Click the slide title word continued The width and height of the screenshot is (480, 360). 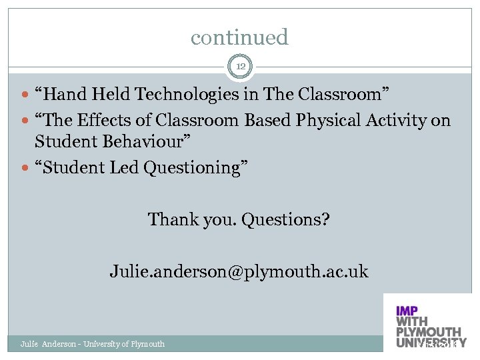pyautogui.click(x=239, y=37)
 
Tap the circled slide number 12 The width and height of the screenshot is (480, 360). pyautogui.click(x=240, y=65)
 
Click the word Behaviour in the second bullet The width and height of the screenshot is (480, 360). pyautogui.click(x=145, y=142)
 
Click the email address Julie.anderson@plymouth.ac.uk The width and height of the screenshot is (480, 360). pyautogui.click(x=239, y=272)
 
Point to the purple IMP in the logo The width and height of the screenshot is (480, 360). pyautogui.click(x=407, y=311)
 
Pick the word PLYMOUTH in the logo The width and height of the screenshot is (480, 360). pyautogui.click(x=428, y=332)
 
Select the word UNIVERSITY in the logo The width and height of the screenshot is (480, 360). pyautogui.click(x=431, y=343)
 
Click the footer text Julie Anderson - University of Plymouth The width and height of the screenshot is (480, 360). pyautogui.click(x=93, y=344)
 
